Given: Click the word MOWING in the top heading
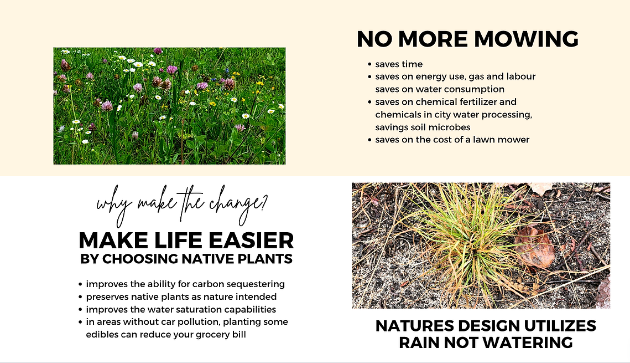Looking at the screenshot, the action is pyautogui.click(x=527, y=39).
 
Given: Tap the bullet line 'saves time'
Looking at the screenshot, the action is pyautogui.click(x=399, y=64).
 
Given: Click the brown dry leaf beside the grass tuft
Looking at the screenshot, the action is pyautogui.click(x=535, y=247).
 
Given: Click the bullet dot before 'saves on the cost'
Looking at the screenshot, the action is pyautogui.click(x=369, y=140).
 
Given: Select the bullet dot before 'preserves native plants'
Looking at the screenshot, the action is pyautogui.click(x=80, y=297).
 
